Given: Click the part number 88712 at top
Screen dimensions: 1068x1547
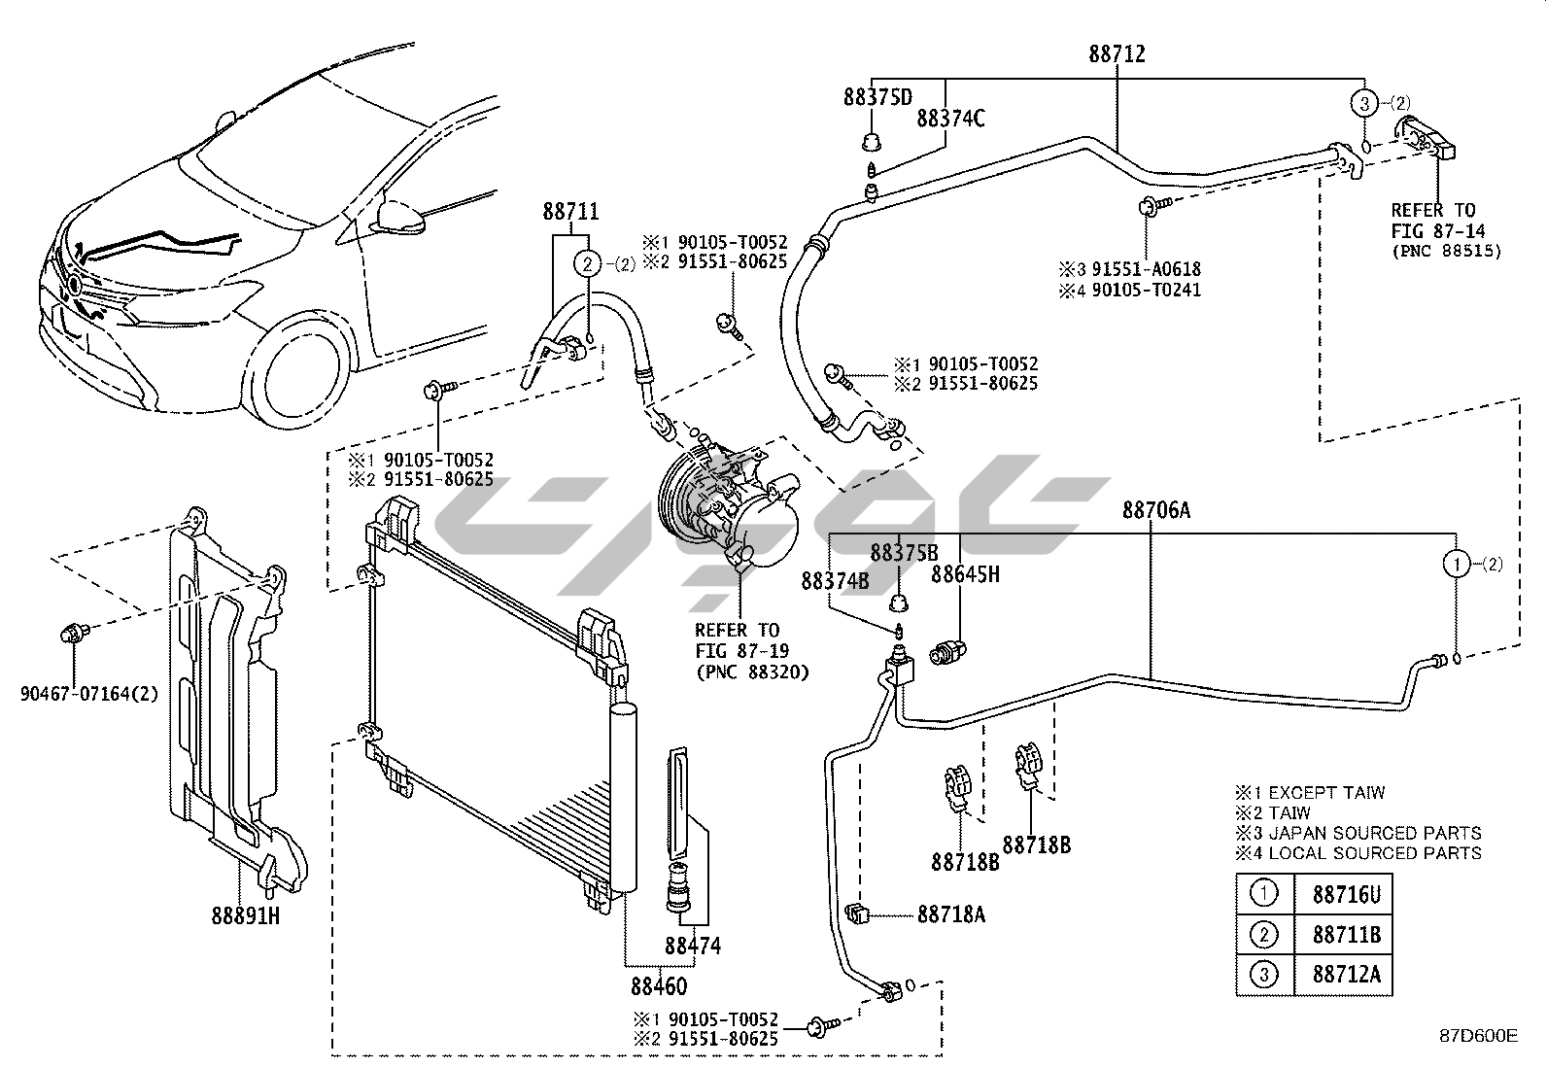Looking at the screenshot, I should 1117,54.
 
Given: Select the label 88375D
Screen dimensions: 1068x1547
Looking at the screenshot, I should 877,97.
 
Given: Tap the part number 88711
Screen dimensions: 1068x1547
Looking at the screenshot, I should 570,212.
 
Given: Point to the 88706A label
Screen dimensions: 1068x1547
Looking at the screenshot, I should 1155,510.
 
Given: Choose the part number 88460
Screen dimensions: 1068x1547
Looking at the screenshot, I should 658,986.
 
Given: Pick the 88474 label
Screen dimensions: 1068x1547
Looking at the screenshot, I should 693,945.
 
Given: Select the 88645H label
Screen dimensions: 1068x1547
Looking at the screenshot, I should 965,574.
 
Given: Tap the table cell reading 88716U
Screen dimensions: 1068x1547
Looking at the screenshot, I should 1346,895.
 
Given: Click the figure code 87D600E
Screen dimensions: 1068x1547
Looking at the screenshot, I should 1478,1036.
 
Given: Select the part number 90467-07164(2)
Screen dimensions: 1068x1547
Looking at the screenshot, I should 88,693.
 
